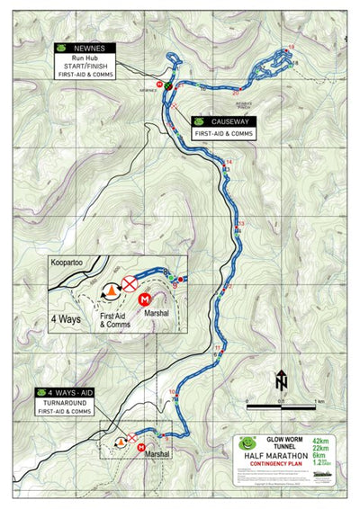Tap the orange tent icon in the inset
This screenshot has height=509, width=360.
pos(112,290)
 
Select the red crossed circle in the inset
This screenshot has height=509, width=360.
pos(130,286)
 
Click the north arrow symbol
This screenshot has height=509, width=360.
pos(281,380)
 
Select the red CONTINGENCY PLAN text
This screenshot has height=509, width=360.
pos(280,466)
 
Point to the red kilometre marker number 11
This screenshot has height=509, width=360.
pos(218,347)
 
